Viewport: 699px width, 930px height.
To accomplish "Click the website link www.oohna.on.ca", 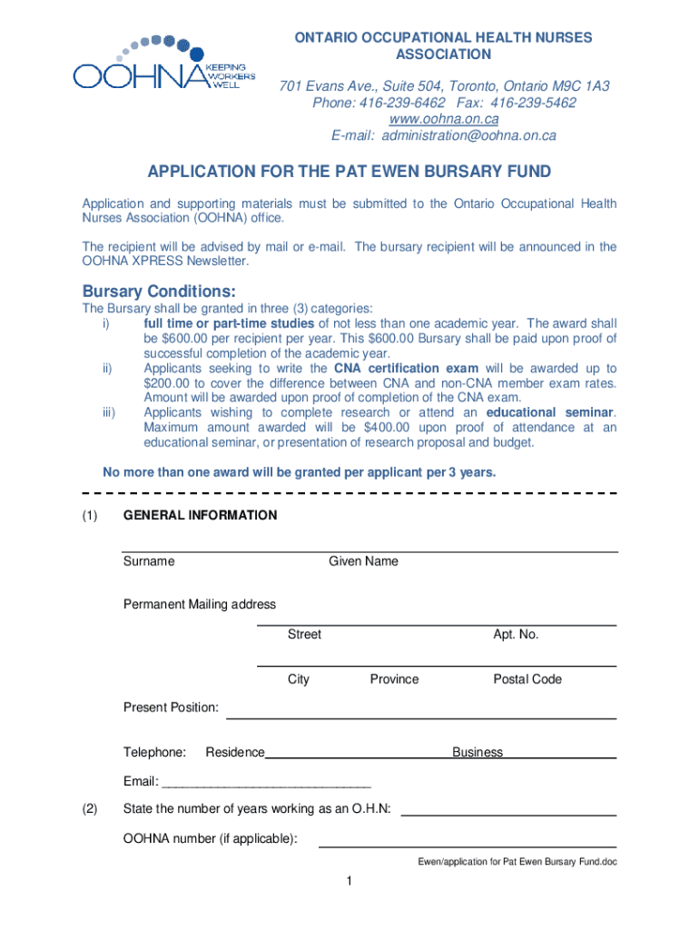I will [444, 119].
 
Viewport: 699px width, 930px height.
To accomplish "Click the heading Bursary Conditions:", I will [160, 292].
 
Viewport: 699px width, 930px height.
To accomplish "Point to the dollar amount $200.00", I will [168, 383].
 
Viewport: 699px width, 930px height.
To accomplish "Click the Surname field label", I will [149, 561].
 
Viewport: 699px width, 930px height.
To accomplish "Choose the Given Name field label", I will [363, 561].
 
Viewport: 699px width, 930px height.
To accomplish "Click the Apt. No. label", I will [516, 635].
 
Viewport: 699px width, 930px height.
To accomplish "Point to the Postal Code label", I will [527, 679].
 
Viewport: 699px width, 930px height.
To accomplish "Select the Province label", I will [394, 679].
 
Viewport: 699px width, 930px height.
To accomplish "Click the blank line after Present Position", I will [420, 717].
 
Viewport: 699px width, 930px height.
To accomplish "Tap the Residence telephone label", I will [235, 753].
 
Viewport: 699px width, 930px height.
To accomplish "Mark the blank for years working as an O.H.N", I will [508, 814].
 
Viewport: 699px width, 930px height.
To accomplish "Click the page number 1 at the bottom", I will [349, 882].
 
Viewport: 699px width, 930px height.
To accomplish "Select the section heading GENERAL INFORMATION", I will [200, 516].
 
